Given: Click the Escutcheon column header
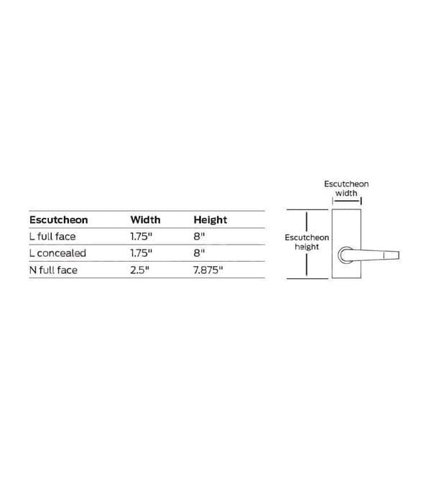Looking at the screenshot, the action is [59, 220].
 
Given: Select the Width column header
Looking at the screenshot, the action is [145, 220].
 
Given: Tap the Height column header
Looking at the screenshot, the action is [210, 220].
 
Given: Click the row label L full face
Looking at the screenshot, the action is [52, 237].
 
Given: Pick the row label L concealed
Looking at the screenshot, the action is [57, 253].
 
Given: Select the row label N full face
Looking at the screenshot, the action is [53, 270].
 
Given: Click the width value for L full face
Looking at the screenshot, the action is [141, 237].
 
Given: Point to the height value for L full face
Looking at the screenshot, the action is [199, 237].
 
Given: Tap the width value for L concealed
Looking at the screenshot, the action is [141, 253].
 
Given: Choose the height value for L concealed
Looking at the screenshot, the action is [199, 253].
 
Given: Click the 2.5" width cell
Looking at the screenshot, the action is [140, 270].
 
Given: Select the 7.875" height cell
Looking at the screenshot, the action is [208, 270].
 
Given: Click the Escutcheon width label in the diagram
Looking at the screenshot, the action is [346, 189].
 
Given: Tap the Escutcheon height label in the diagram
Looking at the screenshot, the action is [307, 242].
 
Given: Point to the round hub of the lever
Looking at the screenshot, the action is [346, 255].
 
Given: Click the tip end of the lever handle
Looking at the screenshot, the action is [399, 255].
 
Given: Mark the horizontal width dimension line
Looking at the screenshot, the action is [347, 201].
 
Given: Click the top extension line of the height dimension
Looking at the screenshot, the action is [307, 209].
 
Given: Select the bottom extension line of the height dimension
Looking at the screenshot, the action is [307, 278].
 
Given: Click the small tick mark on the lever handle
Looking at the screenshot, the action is [384, 255].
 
